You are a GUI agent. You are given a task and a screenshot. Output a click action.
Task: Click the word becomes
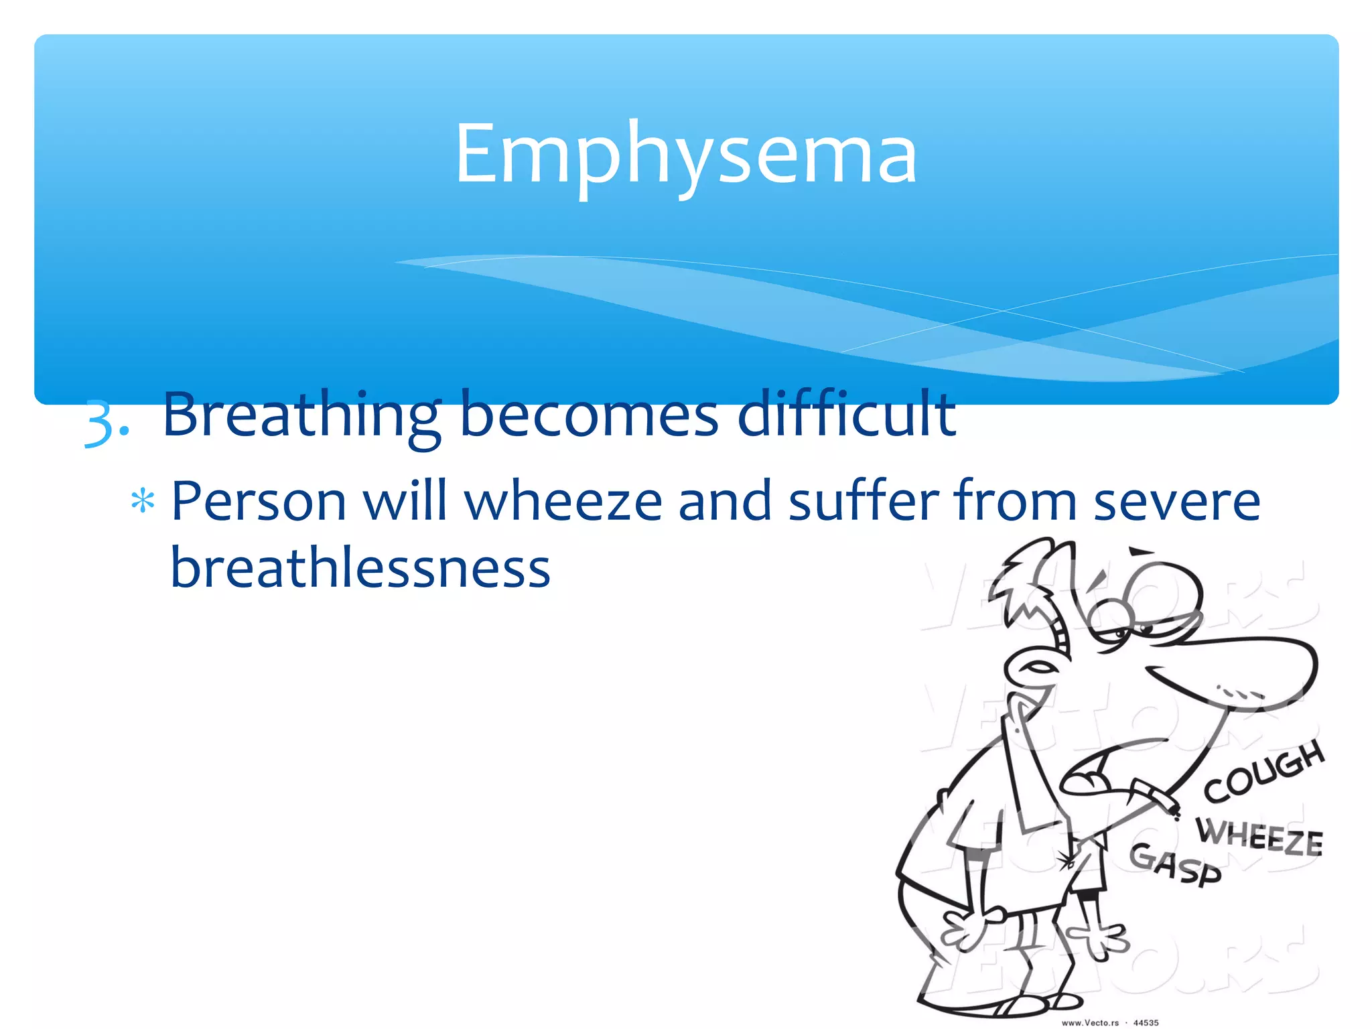pyautogui.click(x=589, y=415)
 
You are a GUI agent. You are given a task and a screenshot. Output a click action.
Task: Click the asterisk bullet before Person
pyautogui.click(x=143, y=501)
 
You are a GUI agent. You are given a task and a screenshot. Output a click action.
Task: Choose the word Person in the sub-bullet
pyautogui.click(x=259, y=501)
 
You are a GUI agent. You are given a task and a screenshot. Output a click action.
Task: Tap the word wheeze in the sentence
pyautogui.click(x=563, y=501)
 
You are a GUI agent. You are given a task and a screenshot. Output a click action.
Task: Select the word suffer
pyautogui.click(x=864, y=501)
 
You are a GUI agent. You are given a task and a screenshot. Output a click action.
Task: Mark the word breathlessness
pyautogui.click(x=360, y=568)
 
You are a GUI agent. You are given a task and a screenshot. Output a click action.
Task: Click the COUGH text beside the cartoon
pyautogui.click(x=1263, y=770)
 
